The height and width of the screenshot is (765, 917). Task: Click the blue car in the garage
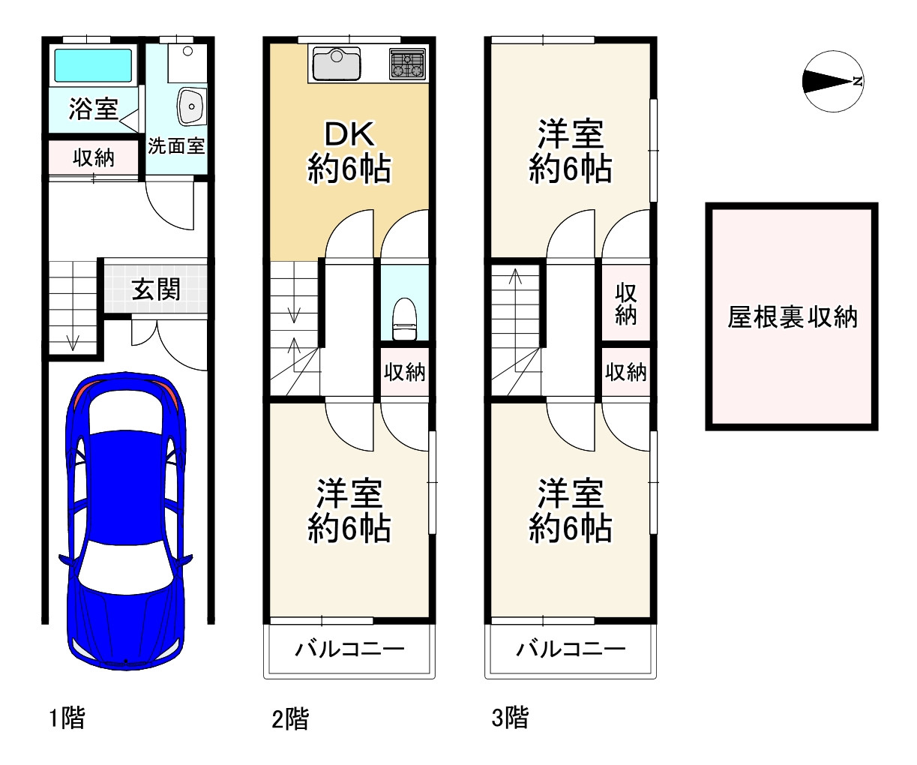point(125,517)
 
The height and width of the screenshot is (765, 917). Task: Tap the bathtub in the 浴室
point(92,66)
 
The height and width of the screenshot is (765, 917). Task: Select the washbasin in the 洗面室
point(192,106)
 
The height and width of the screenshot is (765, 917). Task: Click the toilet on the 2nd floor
point(404,318)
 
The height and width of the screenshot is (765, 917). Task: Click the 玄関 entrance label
point(156,289)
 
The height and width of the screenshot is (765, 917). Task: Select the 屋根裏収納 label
point(792,317)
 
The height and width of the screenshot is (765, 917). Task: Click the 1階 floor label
point(67,718)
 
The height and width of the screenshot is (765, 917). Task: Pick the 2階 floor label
point(289,719)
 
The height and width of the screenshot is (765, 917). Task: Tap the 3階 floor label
point(510,718)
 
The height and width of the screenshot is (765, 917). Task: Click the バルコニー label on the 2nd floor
point(349,649)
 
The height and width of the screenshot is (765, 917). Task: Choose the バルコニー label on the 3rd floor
point(570,649)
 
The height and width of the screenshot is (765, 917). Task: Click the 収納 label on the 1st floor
point(94,157)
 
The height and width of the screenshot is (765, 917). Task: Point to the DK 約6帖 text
point(349,152)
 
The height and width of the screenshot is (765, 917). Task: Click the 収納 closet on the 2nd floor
point(405,371)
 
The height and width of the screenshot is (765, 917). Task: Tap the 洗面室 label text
point(176,145)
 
